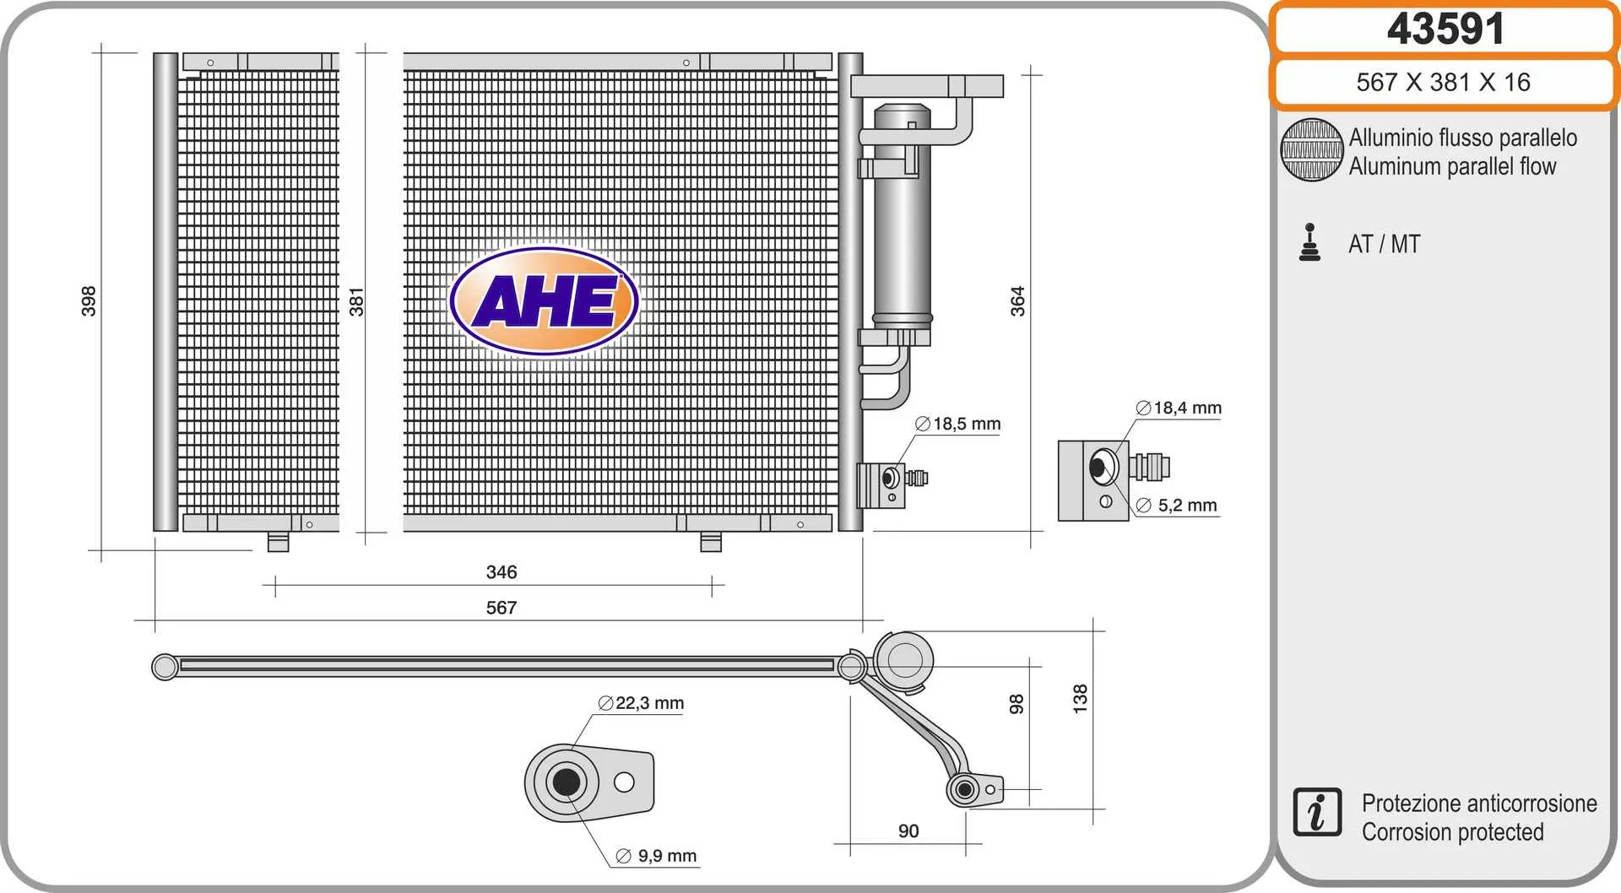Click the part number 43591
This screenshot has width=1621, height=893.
[1445, 30]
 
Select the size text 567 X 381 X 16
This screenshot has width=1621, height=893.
[1443, 82]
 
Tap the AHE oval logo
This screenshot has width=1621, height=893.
[545, 300]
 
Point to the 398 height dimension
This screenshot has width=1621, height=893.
[89, 301]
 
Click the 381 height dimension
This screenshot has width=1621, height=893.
[356, 301]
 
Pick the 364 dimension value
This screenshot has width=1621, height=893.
[1017, 301]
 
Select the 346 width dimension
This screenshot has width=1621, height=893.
[501, 572]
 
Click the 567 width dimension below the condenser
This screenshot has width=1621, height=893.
[501, 608]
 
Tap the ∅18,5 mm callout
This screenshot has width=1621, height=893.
[958, 424]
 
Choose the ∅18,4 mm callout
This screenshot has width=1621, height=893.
[1179, 408]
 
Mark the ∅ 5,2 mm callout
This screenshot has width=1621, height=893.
[1177, 506]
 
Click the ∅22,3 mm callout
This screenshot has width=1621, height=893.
[641, 703]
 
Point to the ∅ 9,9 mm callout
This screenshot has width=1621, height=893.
[657, 856]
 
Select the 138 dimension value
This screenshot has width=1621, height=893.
[1080, 699]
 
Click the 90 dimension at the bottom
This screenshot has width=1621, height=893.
[908, 831]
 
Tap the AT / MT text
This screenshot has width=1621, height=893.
[1385, 244]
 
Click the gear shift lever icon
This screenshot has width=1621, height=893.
[1309, 243]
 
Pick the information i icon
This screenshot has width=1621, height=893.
[1316, 813]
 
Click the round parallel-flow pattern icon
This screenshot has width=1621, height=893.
[1311, 150]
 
